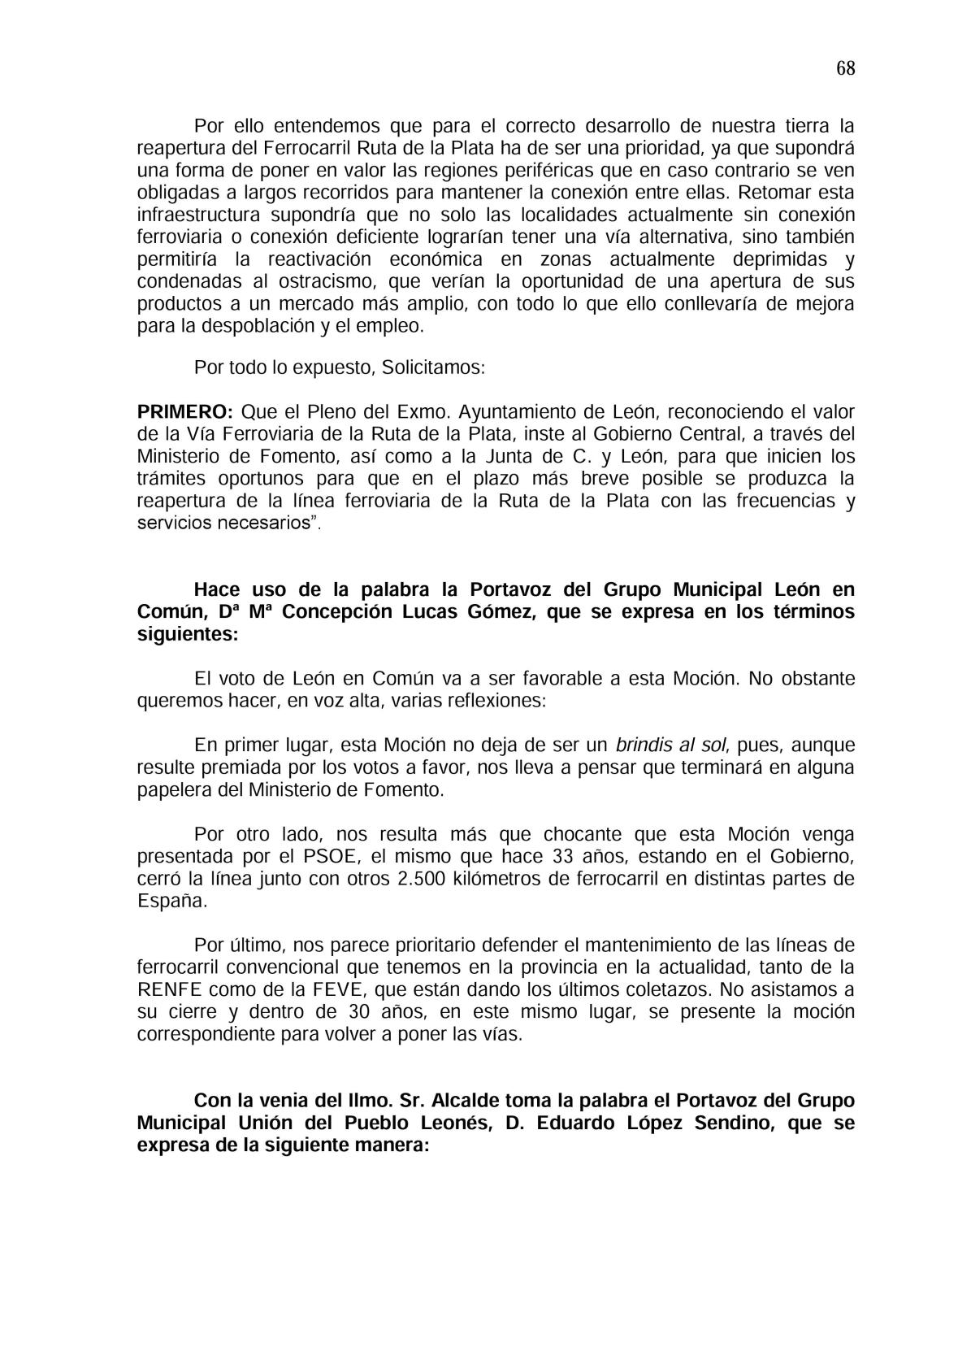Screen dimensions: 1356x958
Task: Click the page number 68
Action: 845,68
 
